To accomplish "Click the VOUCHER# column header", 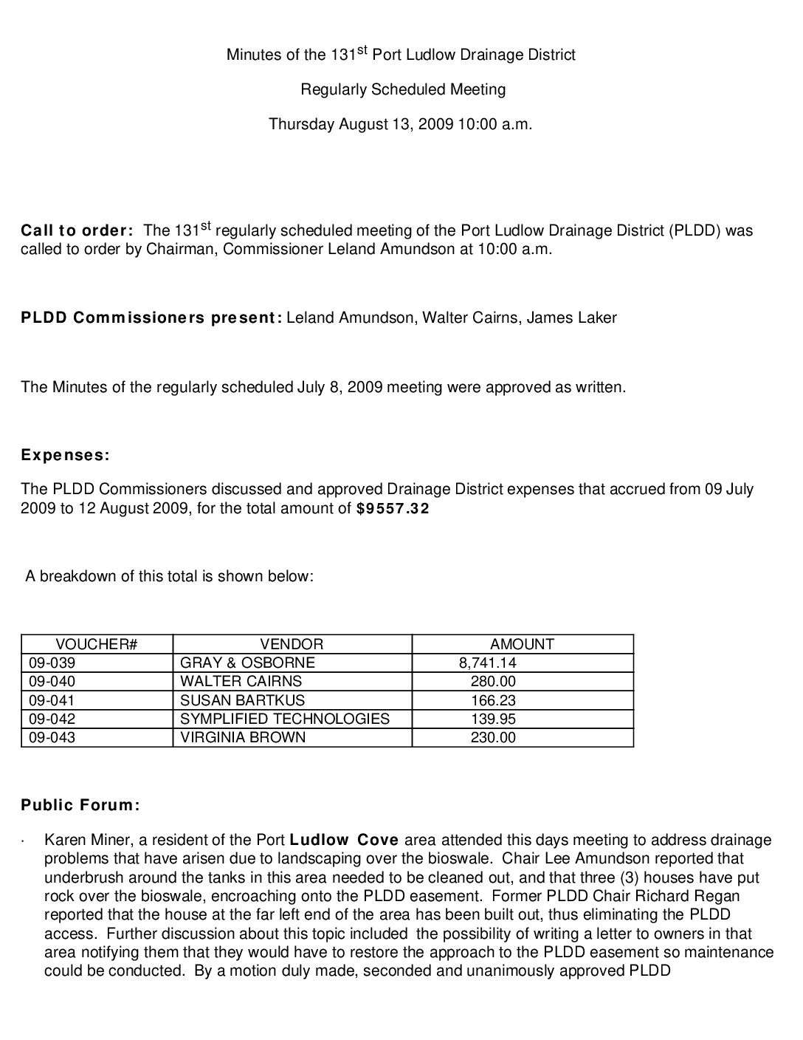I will click(97, 644).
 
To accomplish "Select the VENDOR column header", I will click(292, 644).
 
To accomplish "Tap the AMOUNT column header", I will click(522, 644).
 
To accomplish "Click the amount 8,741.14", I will click(487, 663).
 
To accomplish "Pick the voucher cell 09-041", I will click(52, 700).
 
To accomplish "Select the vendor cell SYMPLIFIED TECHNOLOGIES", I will click(285, 719).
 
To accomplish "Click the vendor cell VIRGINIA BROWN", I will click(243, 737).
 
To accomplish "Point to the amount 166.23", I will click(493, 700).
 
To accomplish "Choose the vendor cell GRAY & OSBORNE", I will click(247, 663).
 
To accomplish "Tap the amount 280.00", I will click(493, 681).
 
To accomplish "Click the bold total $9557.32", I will click(392, 509).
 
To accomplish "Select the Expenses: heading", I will click(65, 455).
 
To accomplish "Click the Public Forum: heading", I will click(80, 805).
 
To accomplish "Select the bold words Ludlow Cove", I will click(344, 840).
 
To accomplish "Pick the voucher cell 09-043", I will click(52, 737).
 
